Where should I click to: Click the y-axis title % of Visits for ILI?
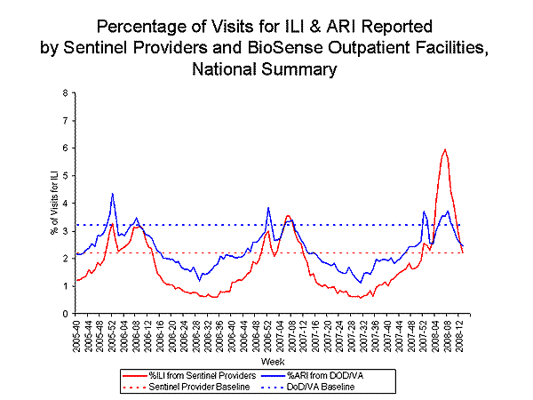click(x=52, y=203)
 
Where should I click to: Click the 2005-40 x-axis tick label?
click(x=78, y=336)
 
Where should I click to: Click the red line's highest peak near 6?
click(x=444, y=149)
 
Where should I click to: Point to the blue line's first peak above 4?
click(x=113, y=194)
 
